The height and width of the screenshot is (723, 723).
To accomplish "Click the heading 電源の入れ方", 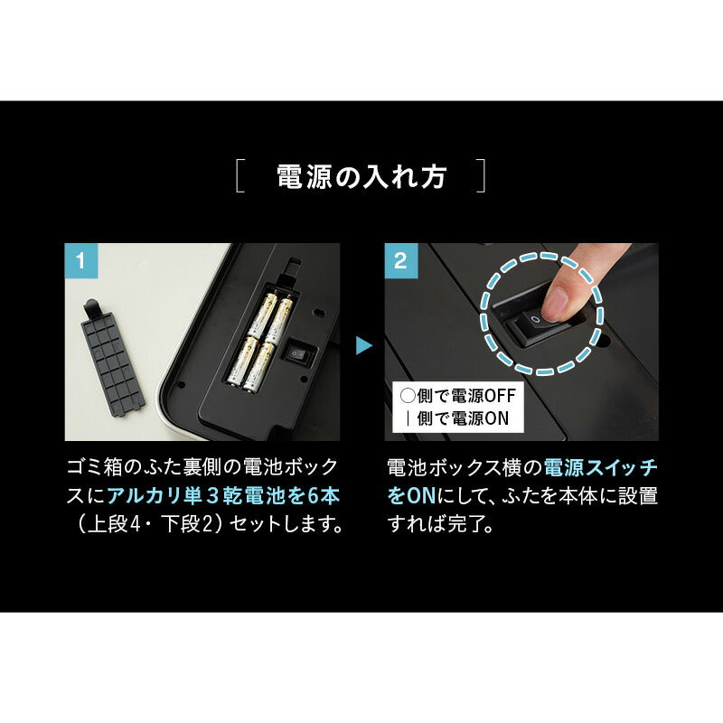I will coord(361,176).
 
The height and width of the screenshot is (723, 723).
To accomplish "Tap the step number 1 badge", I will coord(81,261).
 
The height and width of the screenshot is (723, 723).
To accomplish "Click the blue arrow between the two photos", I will coord(362,345).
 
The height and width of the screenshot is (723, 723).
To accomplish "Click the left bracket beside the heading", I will coord(239,176).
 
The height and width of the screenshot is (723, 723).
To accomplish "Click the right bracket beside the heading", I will coord(483,176).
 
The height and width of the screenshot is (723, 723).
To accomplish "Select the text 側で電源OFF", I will coord(465,397).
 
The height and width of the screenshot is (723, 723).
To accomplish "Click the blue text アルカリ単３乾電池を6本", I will coord(223,495).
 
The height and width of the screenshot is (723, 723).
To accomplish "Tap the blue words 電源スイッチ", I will coord(603,467).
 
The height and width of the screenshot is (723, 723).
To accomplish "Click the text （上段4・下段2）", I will coord(145,524).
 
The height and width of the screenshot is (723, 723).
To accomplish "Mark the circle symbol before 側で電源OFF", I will coord(408,397).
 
